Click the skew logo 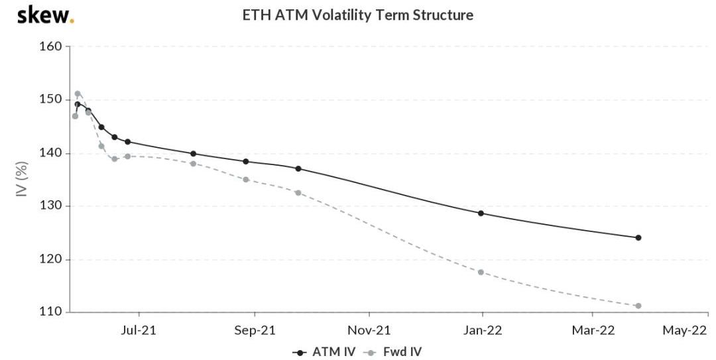(45, 15)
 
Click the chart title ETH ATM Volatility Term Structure (358, 15)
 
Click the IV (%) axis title (22, 178)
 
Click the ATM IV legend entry (326, 351)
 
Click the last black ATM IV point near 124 (638, 237)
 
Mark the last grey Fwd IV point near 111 (638, 306)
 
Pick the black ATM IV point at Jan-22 (481, 213)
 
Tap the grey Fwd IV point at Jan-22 (481, 272)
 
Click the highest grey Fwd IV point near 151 (78, 93)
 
